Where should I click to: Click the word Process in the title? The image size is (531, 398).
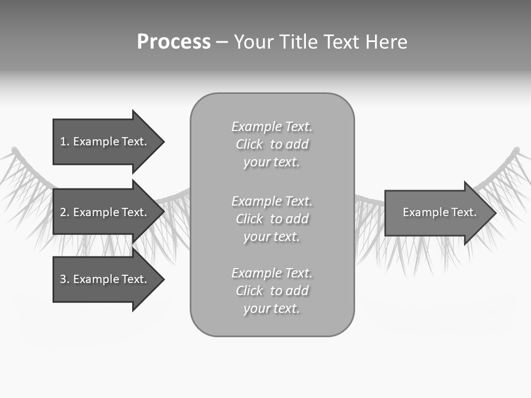coord(174,42)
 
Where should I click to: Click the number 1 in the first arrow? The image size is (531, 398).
coord(63,142)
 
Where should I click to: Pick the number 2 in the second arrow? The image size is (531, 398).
coord(63,212)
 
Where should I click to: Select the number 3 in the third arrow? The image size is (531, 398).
coord(63,279)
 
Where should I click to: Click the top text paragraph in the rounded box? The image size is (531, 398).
coord(272,144)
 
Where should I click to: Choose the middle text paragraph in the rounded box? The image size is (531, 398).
coord(272,219)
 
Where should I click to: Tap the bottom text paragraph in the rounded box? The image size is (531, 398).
coord(272,291)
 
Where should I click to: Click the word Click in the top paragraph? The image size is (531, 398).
coord(249,144)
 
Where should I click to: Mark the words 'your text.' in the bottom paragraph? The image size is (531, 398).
coord(272,308)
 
